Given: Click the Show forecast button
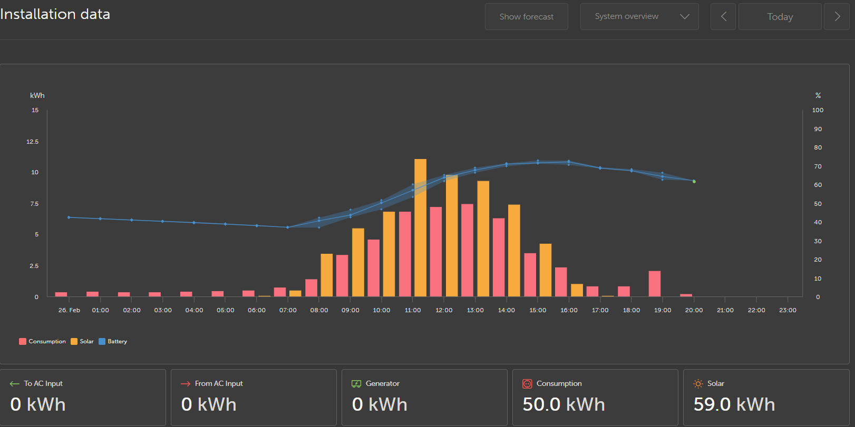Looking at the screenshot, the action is (x=527, y=17).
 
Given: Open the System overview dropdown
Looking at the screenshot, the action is (x=639, y=17).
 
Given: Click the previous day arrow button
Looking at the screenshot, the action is (x=723, y=17).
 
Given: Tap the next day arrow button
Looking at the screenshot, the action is (x=837, y=17).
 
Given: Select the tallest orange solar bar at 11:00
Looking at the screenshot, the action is (x=420, y=227).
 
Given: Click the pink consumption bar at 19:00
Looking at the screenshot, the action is (x=655, y=284).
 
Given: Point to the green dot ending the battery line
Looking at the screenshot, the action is (x=694, y=182).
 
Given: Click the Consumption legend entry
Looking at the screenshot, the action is (x=42, y=341).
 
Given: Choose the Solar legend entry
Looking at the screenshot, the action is (x=82, y=341).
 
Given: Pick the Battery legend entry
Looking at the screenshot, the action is (x=113, y=341).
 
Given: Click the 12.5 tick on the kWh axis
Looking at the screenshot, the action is (x=33, y=142).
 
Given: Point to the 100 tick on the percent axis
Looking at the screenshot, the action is (x=818, y=110).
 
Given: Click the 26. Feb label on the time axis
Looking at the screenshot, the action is (x=69, y=310).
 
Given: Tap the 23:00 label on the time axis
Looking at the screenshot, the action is (x=788, y=310).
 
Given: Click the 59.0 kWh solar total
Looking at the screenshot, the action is (x=734, y=404).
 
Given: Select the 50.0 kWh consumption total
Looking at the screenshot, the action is (x=563, y=404).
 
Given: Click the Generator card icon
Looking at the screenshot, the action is (x=356, y=383).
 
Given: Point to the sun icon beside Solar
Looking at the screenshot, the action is (x=698, y=383).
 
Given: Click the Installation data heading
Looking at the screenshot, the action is (x=55, y=15).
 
